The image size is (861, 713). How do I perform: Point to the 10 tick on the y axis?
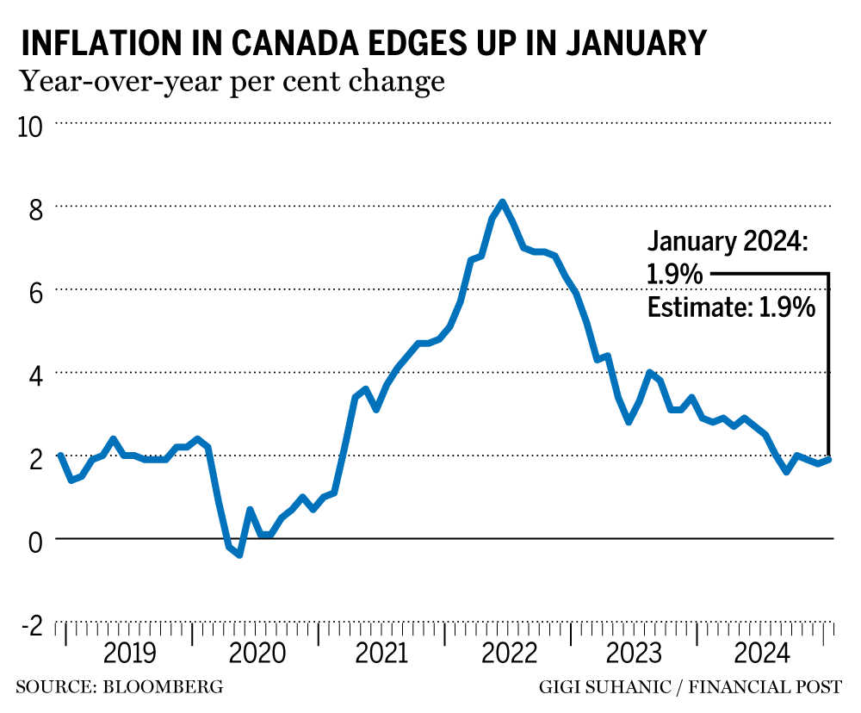pyautogui.click(x=29, y=125)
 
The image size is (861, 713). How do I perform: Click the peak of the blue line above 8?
pyautogui.click(x=503, y=202)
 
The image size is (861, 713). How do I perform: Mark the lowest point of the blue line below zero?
pyautogui.click(x=239, y=555)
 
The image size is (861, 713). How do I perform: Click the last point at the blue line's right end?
pyautogui.click(x=828, y=459)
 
